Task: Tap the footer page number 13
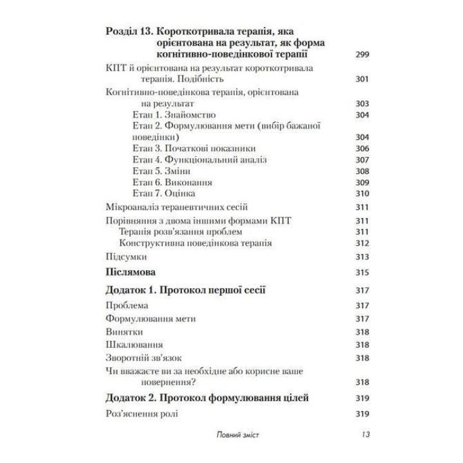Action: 364,435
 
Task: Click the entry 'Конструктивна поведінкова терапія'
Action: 195,244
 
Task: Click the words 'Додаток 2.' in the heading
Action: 132,398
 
